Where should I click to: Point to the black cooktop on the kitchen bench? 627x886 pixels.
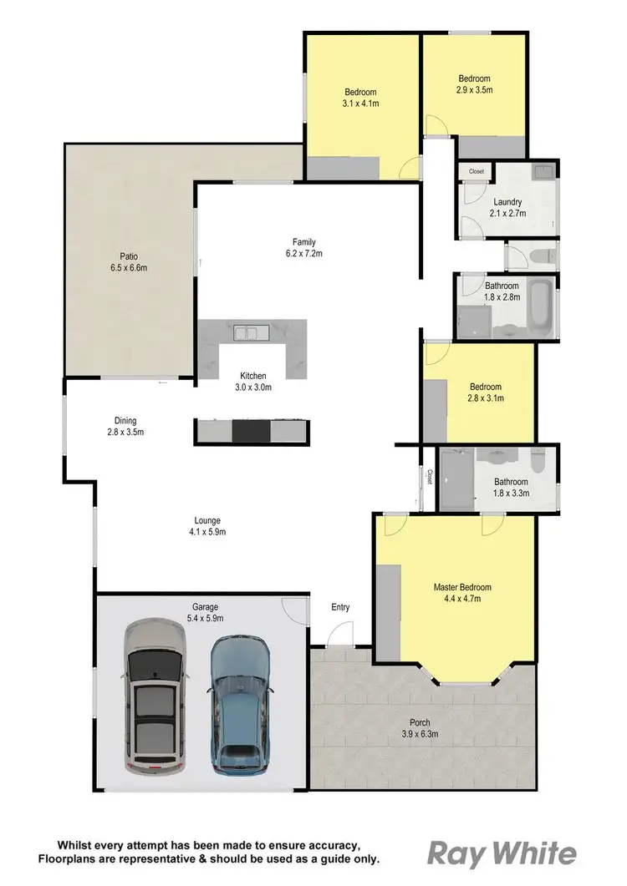click(x=251, y=430)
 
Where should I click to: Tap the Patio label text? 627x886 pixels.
click(x=128, y=256)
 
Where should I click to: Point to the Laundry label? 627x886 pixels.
click(x=507, y=201)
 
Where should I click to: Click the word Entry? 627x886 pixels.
click(x=340, y=607)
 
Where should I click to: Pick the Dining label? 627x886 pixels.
click(x=125, y=421)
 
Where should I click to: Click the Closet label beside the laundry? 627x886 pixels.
click(x=476, y=171)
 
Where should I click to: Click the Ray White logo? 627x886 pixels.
click(x=502, y=853)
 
